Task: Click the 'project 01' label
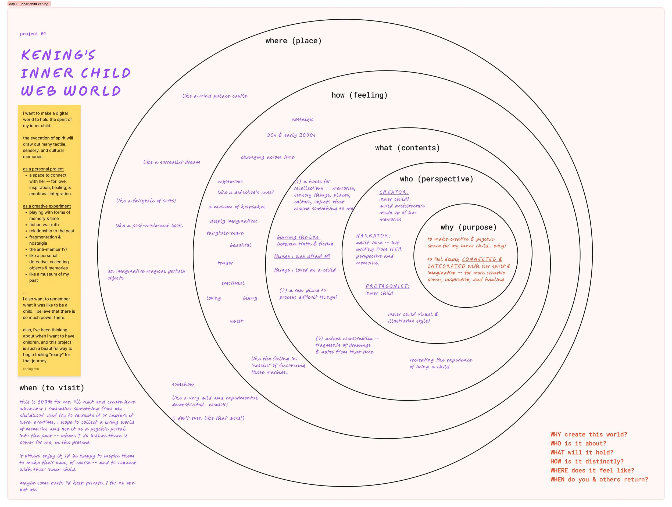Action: point(33,34)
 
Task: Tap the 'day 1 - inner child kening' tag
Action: point(29,4)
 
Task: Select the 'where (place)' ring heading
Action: point(293,41)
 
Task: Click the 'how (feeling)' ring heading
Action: point(359,95)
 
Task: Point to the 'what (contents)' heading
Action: point(407,148)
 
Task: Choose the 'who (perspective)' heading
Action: point(436,179)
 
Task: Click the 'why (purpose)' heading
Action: point(468,227)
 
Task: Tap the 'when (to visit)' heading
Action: point(52,388)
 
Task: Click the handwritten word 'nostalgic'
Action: point(303,119)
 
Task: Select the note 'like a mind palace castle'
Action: point(215,96)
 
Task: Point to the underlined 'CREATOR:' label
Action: point(394,192)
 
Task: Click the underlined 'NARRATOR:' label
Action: point(373,236)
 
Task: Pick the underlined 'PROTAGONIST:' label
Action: point(387,286)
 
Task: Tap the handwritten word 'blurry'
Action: point(250,298)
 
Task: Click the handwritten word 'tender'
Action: point(225,263)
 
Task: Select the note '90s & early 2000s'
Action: point(291,135)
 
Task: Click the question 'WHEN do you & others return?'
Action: point(599,479)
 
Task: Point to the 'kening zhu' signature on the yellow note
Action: point(31,369)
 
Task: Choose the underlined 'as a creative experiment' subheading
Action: point(47,206)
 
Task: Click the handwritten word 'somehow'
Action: point(183,384)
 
